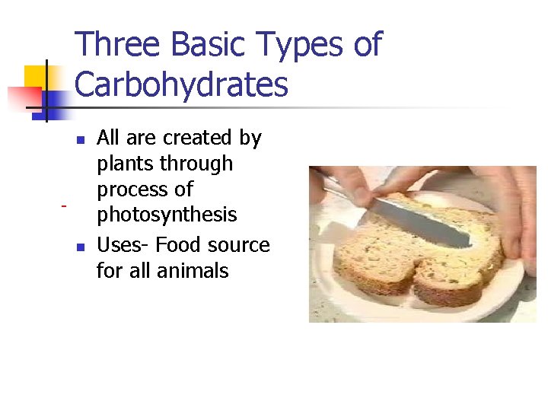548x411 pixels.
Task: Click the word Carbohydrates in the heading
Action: pos(182,84)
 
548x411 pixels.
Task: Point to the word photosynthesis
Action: pos(167,215)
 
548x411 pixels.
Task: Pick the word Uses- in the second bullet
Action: pos(123,245)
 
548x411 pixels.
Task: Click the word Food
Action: pos(181,245)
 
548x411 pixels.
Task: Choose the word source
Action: pos(241,245)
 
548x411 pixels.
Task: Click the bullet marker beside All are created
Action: pos(80,139)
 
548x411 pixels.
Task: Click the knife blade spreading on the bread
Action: pos(426,221)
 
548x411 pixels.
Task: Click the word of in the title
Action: pos(366,45)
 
